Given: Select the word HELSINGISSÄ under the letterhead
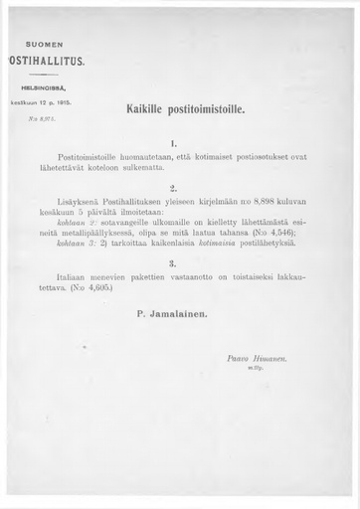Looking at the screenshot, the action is pos(45,86).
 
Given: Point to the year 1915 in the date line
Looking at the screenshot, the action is pos(71,101).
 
